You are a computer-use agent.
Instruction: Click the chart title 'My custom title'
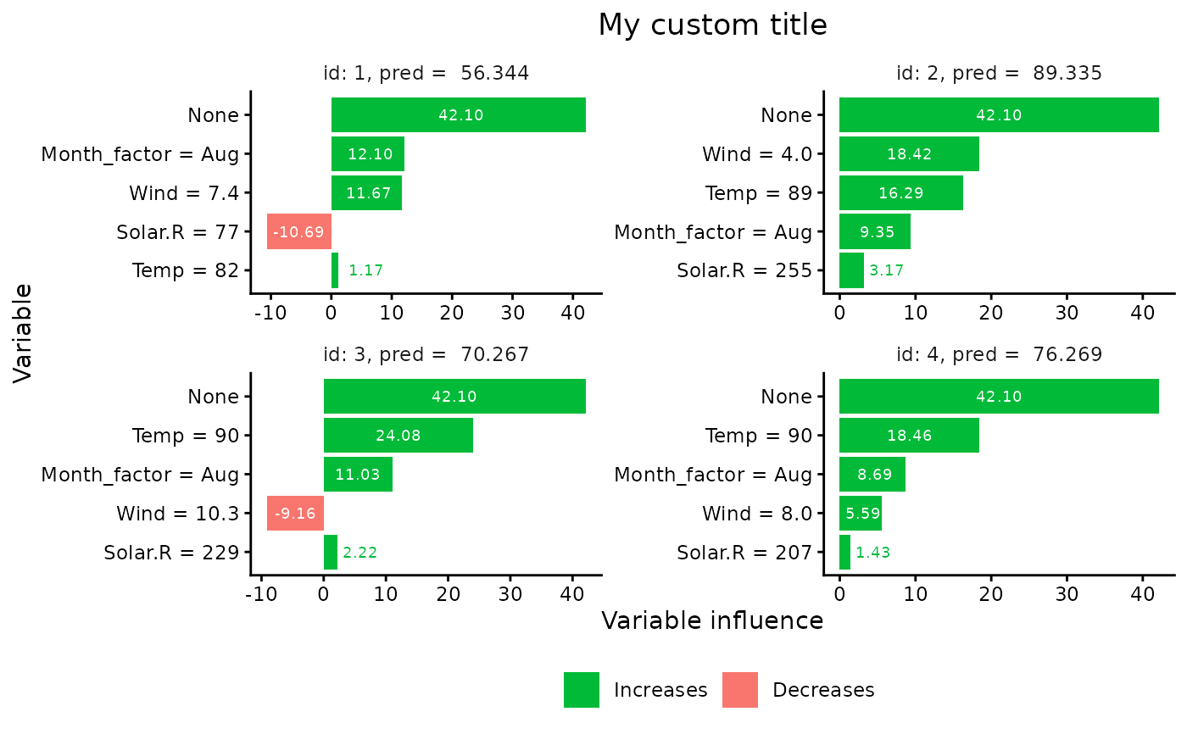click(x=712, y=25)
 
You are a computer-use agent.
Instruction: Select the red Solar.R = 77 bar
click(x=298, y=231)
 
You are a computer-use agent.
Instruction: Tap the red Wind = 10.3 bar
click(x=295, y=513)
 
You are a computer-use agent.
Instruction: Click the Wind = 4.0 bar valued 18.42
click(x=909, y=154)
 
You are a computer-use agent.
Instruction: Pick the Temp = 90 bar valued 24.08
click(x=398, y=436)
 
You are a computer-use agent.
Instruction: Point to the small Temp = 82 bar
click(x=335, y=270)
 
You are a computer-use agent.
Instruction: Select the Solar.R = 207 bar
click(x=844, y=553)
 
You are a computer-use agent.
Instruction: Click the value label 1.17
click(x=366, y=271)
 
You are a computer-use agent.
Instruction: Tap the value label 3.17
click(x=886, y=271)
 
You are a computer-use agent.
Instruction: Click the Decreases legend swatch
click(x=739, y=690)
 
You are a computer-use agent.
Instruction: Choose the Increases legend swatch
click(x=581, y=690)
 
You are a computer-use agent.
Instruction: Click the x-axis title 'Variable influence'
click(x=712, y=621)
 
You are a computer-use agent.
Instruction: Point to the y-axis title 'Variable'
click(x=23, y=333)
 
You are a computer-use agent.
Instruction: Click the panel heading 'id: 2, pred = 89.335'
click(x=999, y=73)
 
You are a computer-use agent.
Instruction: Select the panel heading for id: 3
click(x=426, y=354)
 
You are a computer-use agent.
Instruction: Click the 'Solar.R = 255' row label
click(x=744, y=271)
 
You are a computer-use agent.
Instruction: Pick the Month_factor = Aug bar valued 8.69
click(x=872, y=475)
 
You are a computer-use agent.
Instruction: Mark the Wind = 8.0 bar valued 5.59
click(x=860, y=514)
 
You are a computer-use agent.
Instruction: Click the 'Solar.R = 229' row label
click(x=171, y=553)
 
